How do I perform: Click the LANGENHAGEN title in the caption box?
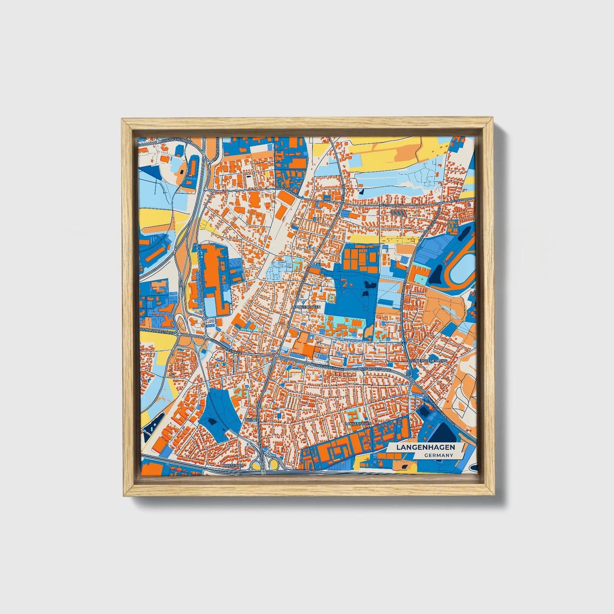coord(425,447)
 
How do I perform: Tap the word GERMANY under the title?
coord(438,455)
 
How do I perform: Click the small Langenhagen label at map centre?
coord(306,306)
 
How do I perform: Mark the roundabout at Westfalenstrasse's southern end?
coord(205,318)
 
